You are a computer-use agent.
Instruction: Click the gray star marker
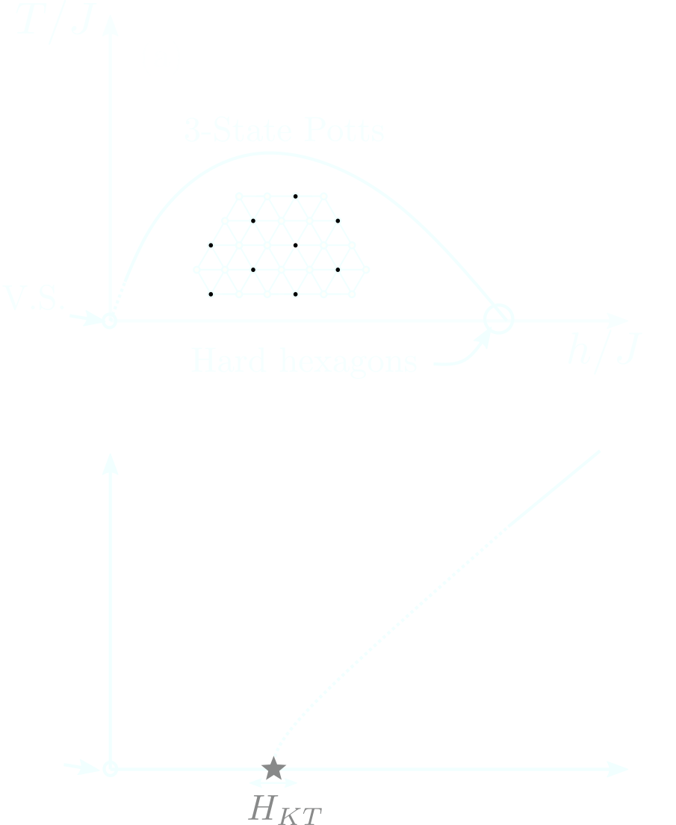pos(273,769)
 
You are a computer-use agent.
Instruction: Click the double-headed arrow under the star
pos(273,783)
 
